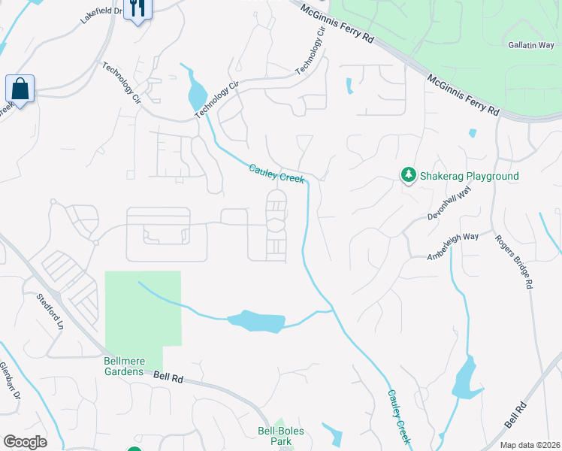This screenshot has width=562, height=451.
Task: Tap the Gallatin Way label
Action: click(x=530, y=45)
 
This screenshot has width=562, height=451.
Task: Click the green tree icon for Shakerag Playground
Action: click(x=408, y=175)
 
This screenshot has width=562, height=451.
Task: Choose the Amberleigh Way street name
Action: click(x=453, y=246)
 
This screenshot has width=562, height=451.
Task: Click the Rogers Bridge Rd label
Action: click(x=514, y=263)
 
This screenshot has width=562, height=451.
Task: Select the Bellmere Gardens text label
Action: click(x=122, y=366)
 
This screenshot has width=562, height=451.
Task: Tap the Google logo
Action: click(x=25, y=442)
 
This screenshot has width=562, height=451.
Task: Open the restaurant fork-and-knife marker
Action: click(x=136, y=9)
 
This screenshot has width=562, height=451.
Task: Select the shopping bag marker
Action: click(x=20, y=89)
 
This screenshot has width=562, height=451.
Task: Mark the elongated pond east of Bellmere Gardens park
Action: click(x=256, y=322)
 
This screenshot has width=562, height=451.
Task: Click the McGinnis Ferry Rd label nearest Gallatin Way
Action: click(x=463, y=94)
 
